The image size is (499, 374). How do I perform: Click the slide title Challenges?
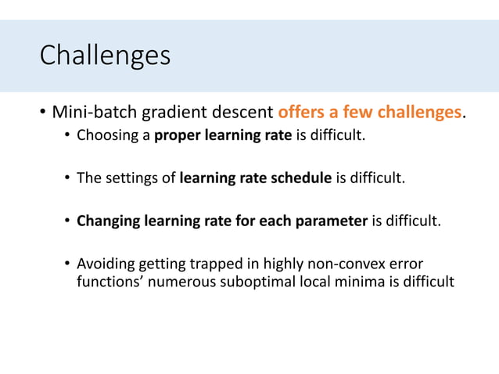(x=104, y=56)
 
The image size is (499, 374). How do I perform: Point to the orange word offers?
(x=302, y=113)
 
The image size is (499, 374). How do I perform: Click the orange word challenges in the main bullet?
(x=419, y=113)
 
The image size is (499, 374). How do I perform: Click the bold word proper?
(x=178, y=137)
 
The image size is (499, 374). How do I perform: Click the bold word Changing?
(x=108, y=221)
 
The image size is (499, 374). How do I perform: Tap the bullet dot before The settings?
(x=68, y=179)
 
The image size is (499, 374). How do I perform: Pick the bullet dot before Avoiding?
(x=68, y=264)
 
